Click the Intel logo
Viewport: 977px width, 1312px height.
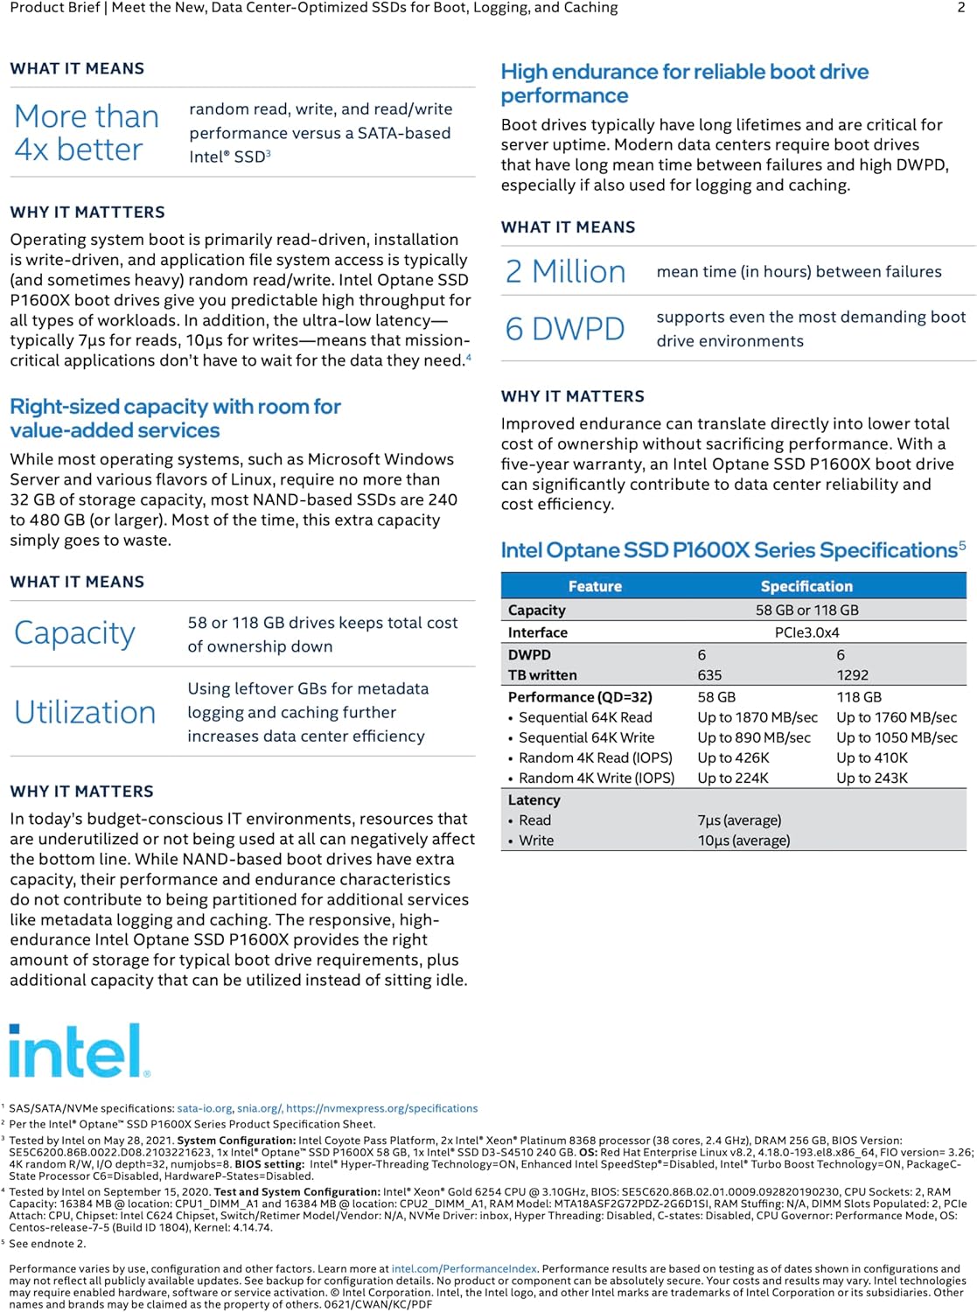click(x=79, y=1050)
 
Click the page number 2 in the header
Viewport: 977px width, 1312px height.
click(x=961, y=8)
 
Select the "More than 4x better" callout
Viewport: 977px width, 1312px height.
click(x=87, y=133)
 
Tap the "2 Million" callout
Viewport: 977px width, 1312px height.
click(x=566, y=272)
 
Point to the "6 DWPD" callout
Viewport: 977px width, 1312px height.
click(x=565, y=329)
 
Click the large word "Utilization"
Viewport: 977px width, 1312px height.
click(x=85, y=713)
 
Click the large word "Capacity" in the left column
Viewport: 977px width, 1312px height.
click(x=75, y=633)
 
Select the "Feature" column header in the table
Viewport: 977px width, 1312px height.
click(x=595, y=586)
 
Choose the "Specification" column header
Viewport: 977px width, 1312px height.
click(x=806, y=586)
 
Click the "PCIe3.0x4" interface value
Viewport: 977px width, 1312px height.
click(x=806, y=632)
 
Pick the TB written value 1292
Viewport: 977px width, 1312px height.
click(x=852, y=675)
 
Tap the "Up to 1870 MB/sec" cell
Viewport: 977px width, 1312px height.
click(x=757, y=717)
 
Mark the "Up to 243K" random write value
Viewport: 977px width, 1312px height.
click(x=871, y=778)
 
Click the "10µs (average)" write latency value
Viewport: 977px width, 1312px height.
click(x=743, y=841)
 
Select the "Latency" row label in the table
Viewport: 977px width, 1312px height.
click(x=534, y=799)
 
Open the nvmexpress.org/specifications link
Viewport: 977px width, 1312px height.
click(x=381, y=1108)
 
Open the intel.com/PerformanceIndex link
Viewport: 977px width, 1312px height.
click(x=464, y=1268)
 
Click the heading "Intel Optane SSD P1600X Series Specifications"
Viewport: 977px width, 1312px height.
click(x=729, y=550)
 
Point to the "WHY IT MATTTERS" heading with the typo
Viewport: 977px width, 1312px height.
click(x=87, y=213)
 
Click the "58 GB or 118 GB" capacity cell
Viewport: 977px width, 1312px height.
click(x=806, y=610)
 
